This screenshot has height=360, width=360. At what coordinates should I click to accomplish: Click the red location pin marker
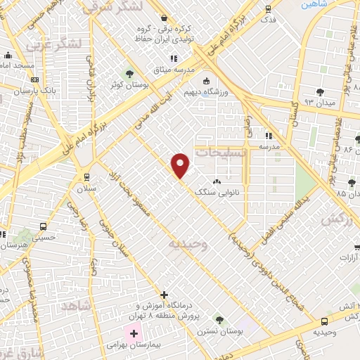pyautogui.click(x=181, y=165)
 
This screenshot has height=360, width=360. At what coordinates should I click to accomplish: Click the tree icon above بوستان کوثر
pyautogui.click(x=129, y=73)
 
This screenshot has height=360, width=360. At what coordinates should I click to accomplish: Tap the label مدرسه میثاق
pyautogui.click(x=171, y=70)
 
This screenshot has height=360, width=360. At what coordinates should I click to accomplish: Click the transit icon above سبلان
pyautogui.click(x=86, y=178)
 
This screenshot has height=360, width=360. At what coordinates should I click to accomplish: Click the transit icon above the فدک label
pyautogui.click(x=268, y=9)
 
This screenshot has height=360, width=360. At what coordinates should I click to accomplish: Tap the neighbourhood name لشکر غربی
pyautogui.click(x=55, y=45)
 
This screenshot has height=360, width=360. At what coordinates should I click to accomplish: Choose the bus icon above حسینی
pyautogui.click(x=44, y=226)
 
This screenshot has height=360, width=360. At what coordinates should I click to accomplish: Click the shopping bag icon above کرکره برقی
pyautogui.click(x=165, y=18)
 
